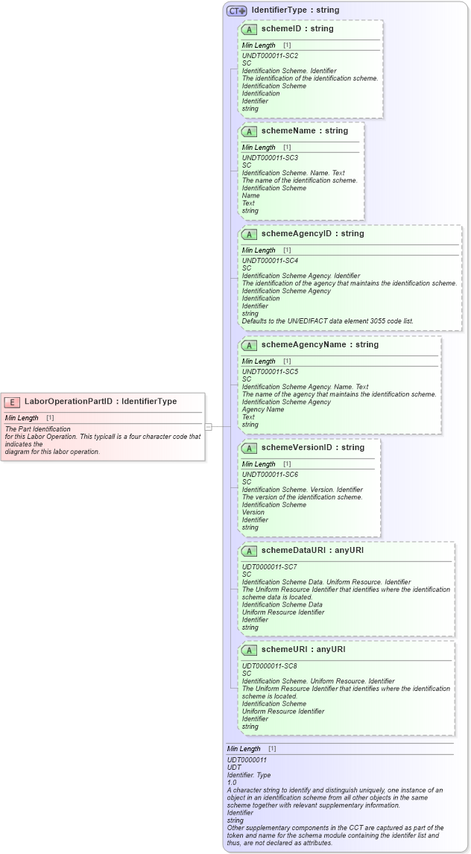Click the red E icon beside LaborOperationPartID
click(x=11, y=402)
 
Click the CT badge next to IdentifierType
click(x=236, y=10)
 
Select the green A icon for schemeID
click(x=249, y=29)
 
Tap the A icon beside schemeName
click(x=249, y=131)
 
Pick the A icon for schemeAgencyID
click(x=249, y=234)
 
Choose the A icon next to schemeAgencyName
click(x=249, y=345)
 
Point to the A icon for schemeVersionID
click(x=249, y=448)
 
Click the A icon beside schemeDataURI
click(x=249, y=551)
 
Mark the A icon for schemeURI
click(x=249, y=650)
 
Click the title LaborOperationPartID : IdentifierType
click(x=101, y=402)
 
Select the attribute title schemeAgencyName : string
click(x=320, y=345)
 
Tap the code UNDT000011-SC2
click(x=270, y=56)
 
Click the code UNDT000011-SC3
click(x=270, y=158)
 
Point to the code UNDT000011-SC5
click(x=270, y=372)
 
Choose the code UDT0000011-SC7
click(x=270, y=567)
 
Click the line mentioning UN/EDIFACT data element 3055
click(x=327, y=321)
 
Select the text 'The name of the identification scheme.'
click(x=300, y=180)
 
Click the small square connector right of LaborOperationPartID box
click(x=209, y=427)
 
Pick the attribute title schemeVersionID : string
click(x=312, y=448)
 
